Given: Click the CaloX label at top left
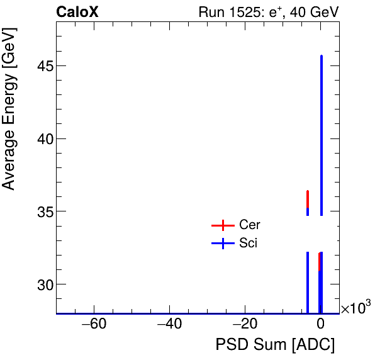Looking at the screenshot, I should [77, 12].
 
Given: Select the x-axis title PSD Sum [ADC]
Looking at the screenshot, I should [275, 345].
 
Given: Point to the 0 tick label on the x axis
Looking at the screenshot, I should [320, 325].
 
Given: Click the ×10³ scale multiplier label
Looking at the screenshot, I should [355, 308].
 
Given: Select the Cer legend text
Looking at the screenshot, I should [249, 225].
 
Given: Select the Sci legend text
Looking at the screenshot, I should [248, 244].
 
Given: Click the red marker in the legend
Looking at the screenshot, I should [222, 225].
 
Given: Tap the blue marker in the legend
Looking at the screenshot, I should [222, 244].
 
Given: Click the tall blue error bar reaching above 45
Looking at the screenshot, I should [322, 126].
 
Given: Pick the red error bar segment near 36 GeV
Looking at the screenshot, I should [308, 198].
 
